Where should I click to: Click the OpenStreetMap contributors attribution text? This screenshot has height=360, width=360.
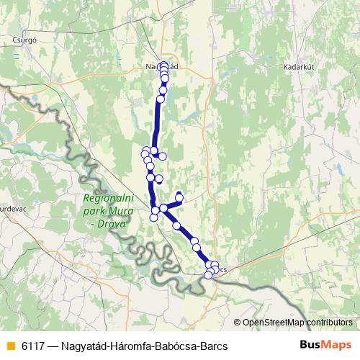297,322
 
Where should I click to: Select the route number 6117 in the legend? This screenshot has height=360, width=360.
32,346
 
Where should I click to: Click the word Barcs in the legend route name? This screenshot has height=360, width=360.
213,346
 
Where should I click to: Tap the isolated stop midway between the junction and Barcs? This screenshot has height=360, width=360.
177,225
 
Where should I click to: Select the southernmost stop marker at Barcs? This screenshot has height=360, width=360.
208,275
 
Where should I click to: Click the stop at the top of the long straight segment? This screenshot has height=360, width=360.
161,99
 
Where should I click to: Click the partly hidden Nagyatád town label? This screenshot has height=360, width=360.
153,66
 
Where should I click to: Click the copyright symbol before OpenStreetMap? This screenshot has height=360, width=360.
238,322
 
